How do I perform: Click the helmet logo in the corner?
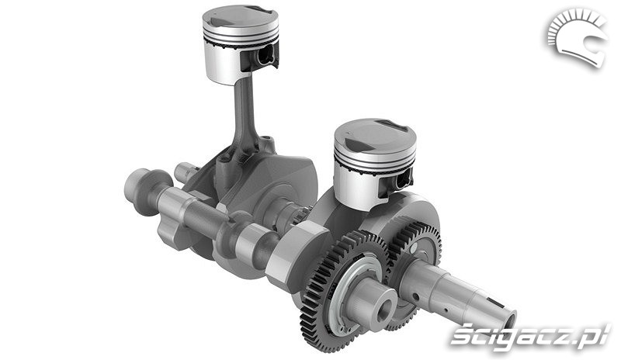tap(578, 36)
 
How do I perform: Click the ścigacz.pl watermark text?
tap(530, 338)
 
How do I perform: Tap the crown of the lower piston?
tap(374, 137)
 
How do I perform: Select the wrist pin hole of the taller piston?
tap(265, 55)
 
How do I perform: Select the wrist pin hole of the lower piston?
tap(402, 180)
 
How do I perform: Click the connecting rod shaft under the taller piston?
tap(243, 111)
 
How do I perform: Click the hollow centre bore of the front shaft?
tap(385, 311)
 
